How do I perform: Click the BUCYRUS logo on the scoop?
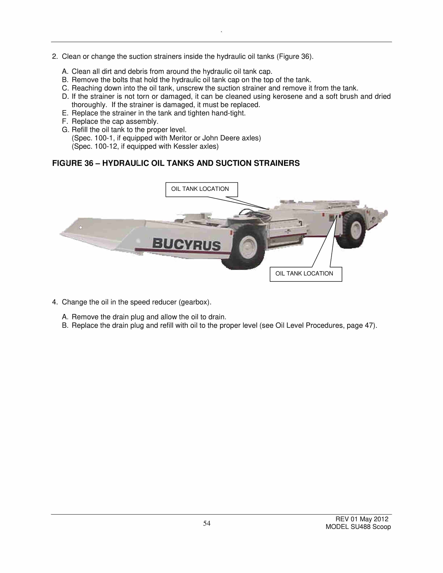(187, 244)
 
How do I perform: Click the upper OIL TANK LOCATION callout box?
(202, 189)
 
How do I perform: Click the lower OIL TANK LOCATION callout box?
(306, 274)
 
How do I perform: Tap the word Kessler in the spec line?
(183, 146)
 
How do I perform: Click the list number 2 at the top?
(54, 57)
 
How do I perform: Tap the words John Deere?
(221, 138)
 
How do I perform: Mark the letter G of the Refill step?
(65, 130)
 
